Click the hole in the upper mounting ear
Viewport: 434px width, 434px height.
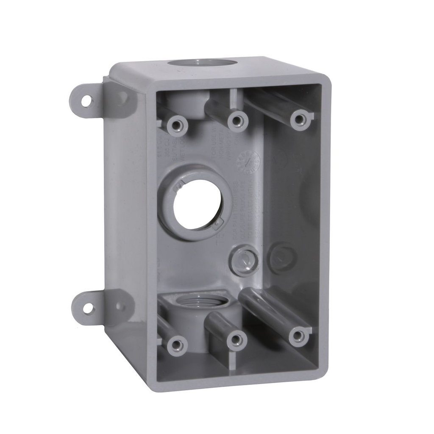(x=86, y=101)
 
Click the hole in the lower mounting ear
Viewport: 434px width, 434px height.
(x=88, y=308)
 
